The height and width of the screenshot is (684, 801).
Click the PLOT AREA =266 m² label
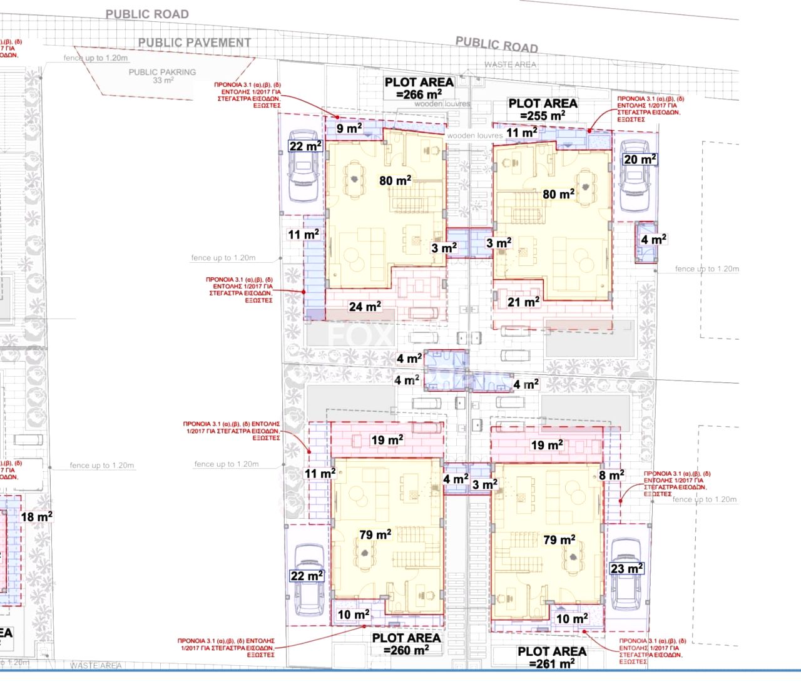pos(419,88)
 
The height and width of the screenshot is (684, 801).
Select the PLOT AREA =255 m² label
pos(543,110)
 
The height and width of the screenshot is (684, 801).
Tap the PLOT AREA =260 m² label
pos(406,644)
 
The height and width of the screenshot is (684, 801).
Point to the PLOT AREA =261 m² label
pos(551,657)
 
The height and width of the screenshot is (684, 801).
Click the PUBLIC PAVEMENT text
pos(194,43)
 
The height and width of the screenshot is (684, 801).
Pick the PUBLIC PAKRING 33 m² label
pos(162,76)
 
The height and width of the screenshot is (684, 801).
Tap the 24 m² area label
pos(365,307)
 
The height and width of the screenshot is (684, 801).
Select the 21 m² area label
pos(523,302)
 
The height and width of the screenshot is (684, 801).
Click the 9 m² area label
pos(349,128)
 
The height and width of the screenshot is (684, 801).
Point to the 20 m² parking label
pos(640,159)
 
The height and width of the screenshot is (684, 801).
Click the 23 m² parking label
pos(626,568)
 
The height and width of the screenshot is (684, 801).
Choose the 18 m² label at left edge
pos(36,517)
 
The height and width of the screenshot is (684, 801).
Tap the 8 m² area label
pos(611,476)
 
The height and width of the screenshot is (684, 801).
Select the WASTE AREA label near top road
pos(510,64)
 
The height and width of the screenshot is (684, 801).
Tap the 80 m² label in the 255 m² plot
pos(558,194)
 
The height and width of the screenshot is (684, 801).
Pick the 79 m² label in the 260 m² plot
pos(375,534)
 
